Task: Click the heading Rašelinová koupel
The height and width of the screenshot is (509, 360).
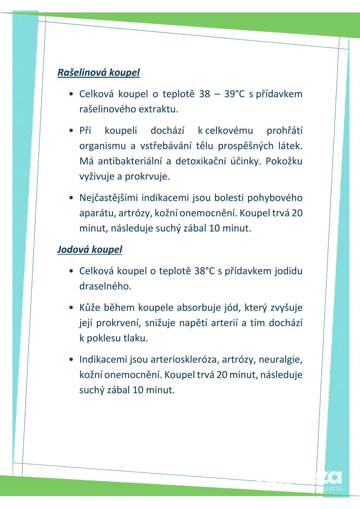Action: (99, 73)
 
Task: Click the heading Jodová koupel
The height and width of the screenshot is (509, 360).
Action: (90, 250)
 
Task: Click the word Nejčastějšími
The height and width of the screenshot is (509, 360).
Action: (108, 198)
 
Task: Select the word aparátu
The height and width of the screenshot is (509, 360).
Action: (97, 213)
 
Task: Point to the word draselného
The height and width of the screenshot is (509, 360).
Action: (105, 286)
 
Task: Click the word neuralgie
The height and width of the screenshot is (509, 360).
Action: (280, 360)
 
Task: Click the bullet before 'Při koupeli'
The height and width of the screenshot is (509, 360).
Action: (71, 131)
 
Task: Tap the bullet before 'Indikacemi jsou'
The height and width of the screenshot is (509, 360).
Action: (71, 360)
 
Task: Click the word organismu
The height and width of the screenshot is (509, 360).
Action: (102, 146)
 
